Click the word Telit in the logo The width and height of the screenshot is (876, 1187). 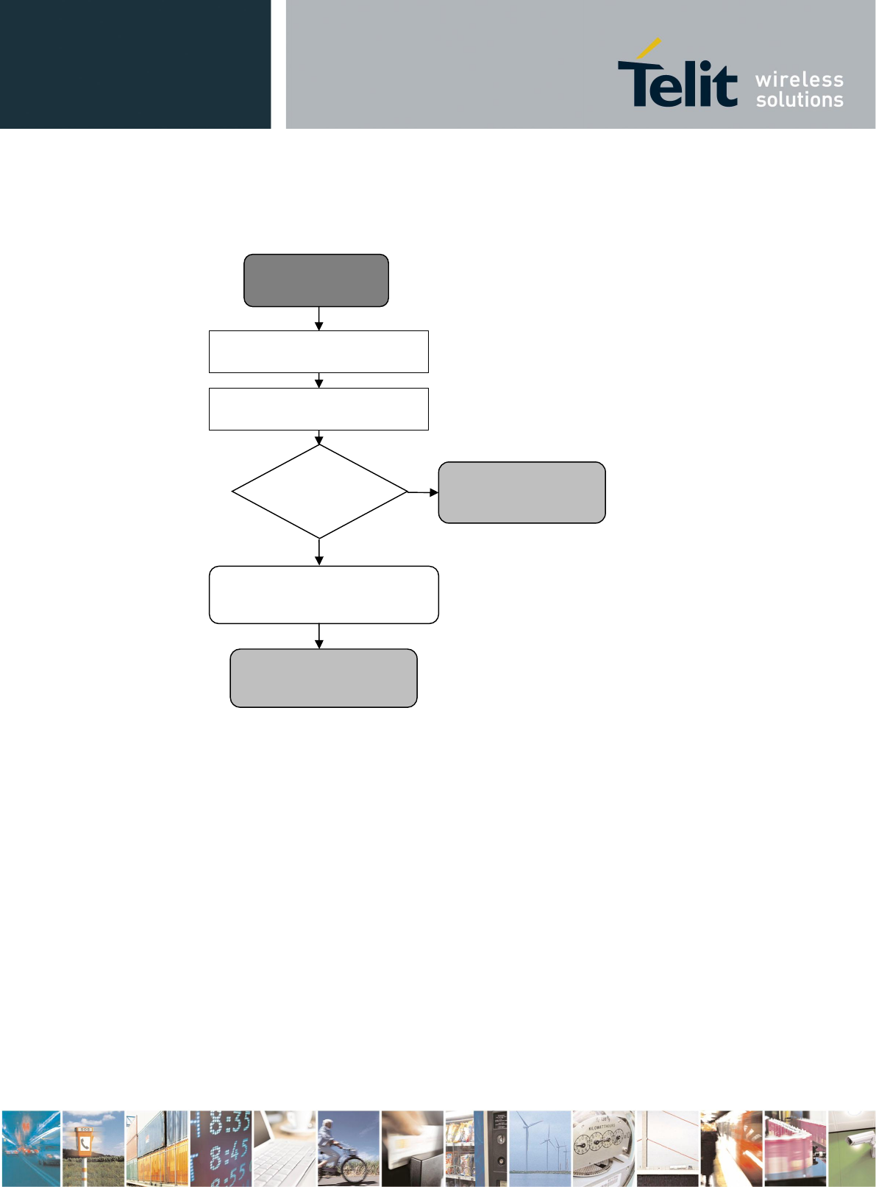click(677, 82)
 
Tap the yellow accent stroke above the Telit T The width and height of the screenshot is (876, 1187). click(648, 49)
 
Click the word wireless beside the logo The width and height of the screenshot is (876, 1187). click(799, 79)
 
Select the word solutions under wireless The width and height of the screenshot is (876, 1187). click(799, 99)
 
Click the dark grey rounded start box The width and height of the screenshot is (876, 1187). click(316, 280)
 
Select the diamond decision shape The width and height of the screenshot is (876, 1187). click(319, 492)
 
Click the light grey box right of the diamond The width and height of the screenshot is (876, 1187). click(521, 492)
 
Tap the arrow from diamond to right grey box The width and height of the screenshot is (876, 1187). click(424, 492)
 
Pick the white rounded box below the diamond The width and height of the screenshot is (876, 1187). click(324, 595)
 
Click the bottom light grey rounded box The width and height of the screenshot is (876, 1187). click(324, 678)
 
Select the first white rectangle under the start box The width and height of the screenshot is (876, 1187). click(318, 352)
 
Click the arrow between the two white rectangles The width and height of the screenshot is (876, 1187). click(318, 380)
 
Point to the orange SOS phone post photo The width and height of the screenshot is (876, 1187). click(93, 1148)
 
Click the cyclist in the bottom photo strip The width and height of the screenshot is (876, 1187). click(347, 1148)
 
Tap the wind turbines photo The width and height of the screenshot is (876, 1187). click(540, 1148)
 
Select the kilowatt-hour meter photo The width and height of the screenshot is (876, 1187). click(603, 1148)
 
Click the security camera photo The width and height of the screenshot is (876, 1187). click(852, 1148)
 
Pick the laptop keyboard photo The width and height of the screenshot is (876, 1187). click(284, 1148)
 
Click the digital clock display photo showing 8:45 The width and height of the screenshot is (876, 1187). click(220, 1148)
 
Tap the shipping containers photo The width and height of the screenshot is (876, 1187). click(157, 1148)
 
